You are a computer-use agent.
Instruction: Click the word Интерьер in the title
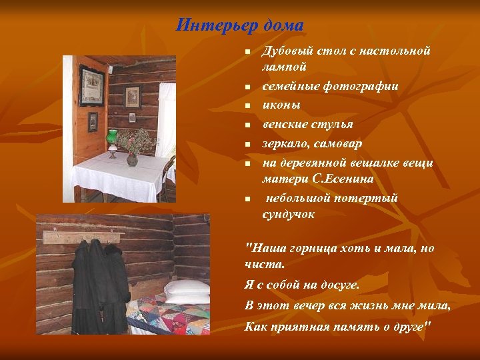tap(207, 26)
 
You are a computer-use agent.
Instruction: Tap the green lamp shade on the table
tap(112, 138)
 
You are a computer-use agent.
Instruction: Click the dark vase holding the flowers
tap(132, 159)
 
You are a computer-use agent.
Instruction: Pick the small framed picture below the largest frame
tap(93, 121)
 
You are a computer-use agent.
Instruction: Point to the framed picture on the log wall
tap(133, 97)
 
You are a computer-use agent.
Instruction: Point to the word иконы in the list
tap(281, 105)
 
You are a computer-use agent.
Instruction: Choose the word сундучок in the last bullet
tap(288, 214)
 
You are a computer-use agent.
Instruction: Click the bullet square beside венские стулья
tap(246, 124)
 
